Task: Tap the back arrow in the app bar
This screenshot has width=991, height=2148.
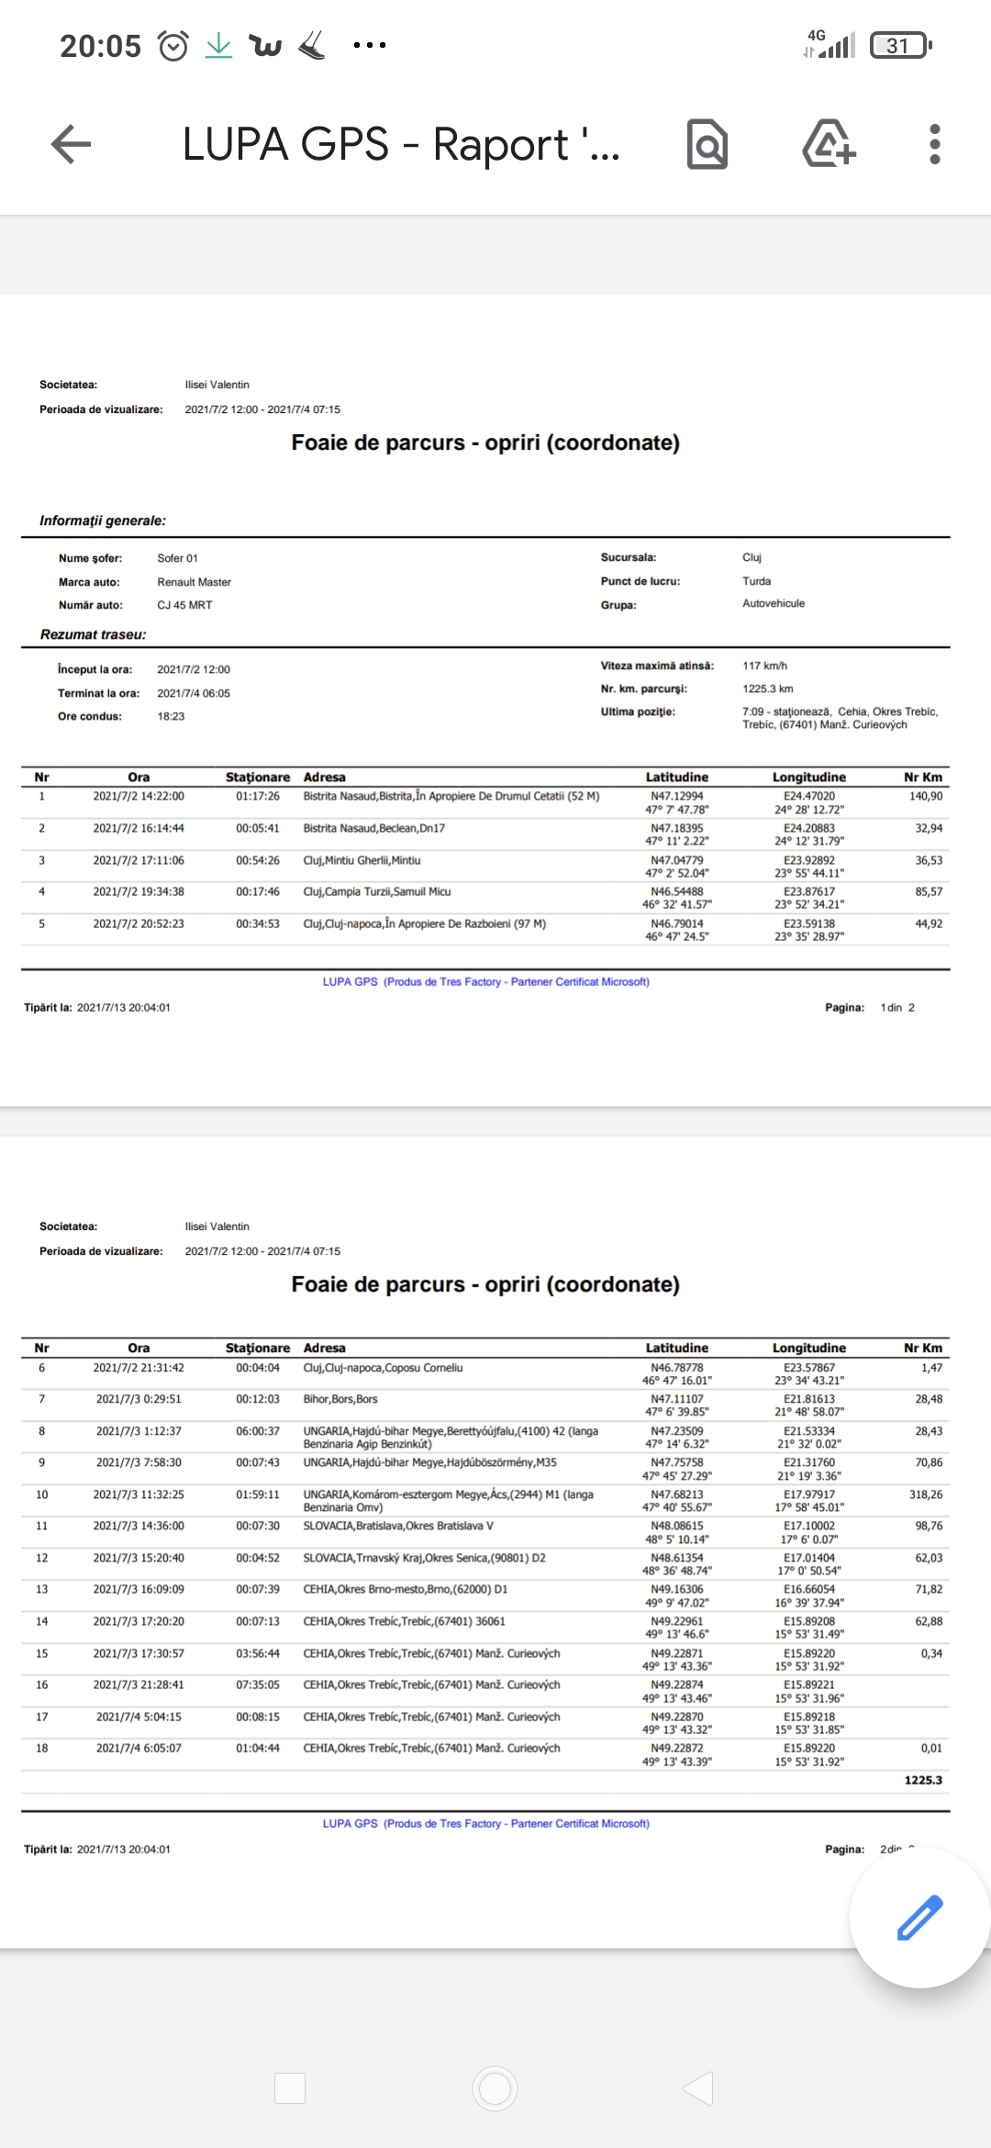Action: tap(71, 144)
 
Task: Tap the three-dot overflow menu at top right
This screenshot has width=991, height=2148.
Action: tap(934, 144)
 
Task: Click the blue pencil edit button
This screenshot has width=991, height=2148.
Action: tap(919, 1917)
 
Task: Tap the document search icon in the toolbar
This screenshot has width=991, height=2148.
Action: tap(707, 144)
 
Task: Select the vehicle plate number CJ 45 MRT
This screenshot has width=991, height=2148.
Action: tap(184, 605)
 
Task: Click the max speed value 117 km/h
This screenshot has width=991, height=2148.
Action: tap(764, 666)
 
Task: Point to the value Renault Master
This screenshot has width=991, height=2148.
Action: tap(194, 582)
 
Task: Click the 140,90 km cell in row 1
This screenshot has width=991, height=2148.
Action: tap(926, 796)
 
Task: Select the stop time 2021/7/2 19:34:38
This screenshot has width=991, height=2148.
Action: tap(139, 891)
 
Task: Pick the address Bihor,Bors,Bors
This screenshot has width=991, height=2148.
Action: tap(340, 1399)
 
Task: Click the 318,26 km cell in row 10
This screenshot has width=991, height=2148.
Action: tap(925, 1494)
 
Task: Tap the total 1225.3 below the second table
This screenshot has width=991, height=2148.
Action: tap(922, 1780)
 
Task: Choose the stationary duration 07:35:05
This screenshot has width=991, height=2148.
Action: tap(258, 1684)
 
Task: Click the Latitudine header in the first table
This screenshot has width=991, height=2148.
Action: tap(676, 777)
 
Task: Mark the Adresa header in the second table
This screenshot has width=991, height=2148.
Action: tap(324, 1348)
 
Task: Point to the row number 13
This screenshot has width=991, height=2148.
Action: tap(41, 1589)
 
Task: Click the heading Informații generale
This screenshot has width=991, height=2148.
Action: tap(103, 520)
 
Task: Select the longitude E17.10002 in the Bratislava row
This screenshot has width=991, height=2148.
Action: tap(808, 1526)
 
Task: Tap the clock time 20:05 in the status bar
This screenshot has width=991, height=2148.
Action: tap(100, 45)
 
